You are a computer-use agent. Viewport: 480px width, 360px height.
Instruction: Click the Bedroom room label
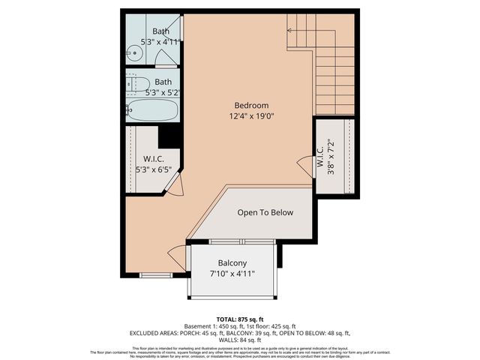pos(251,106)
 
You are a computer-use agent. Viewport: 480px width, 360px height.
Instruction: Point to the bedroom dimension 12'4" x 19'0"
pos(251,117)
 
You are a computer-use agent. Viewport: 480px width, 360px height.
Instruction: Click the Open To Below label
pos(265,212)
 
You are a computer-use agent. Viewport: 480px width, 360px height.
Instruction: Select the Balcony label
pos(232,263)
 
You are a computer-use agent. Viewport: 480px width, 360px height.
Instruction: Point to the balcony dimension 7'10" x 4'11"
pos(232,274)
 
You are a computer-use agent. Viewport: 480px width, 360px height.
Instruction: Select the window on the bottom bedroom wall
pos(156,275)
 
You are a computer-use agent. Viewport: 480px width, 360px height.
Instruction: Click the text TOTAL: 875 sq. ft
pos(240,317)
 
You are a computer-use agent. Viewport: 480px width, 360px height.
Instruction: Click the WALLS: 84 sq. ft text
pos(240,340)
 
